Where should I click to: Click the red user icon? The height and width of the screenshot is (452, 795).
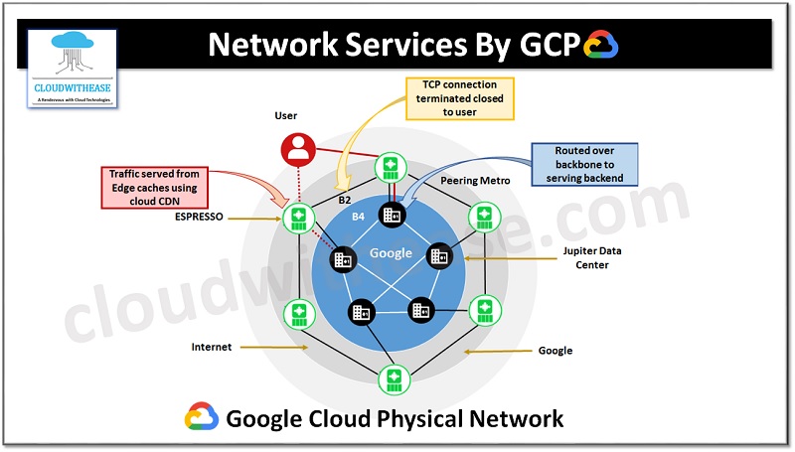(297, 150)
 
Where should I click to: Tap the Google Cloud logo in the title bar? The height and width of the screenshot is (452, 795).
(601, 46)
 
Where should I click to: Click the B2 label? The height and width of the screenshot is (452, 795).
(345, 199)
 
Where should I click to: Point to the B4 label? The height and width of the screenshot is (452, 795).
(359, 215)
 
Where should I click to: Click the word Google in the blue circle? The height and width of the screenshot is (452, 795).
(391, 252)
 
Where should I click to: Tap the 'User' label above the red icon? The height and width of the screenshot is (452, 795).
(286, 116)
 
